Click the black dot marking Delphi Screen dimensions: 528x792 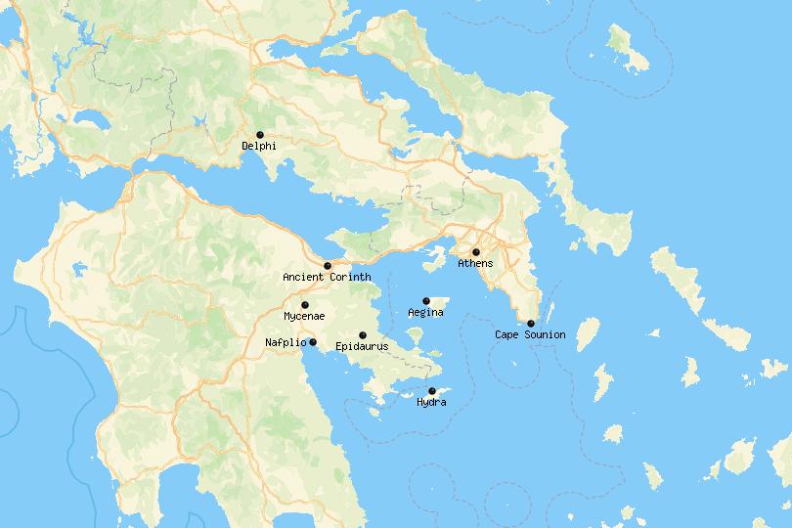(260, 135)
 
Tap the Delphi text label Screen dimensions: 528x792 (259, 147)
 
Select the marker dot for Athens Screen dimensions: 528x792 (476, 252)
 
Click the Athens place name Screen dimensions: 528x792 (475, 264)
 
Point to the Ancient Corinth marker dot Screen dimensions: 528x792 (328, 266)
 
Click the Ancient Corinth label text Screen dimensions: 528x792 (327, 278)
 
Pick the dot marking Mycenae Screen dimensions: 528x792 (305, 305)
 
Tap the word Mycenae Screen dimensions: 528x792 (304, 317)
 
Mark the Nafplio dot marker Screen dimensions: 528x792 (313, 342)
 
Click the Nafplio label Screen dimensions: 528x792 (286, 342)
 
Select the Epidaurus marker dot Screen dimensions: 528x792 (363, 335)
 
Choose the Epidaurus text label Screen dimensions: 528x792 (362, 347)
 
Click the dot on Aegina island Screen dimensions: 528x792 (426, 301)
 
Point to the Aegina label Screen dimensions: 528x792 (425, 313)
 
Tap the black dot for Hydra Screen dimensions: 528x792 (432, 391)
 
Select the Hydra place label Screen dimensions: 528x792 (431, 403)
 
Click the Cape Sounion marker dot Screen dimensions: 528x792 (531, 324)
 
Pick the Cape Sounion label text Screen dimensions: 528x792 (530, 335)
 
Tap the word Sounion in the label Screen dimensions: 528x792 (545, 335)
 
